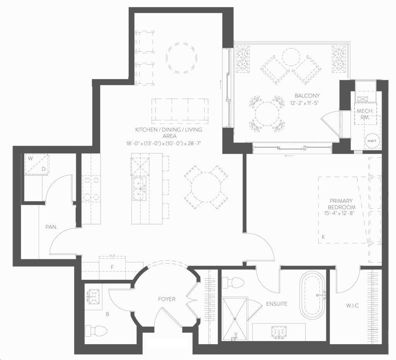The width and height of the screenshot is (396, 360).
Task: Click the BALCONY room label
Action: [x=307, y=96]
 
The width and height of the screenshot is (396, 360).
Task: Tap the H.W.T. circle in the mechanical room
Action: [x=372, y=141]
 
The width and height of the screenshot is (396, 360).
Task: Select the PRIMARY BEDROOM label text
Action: [x=341, y=204]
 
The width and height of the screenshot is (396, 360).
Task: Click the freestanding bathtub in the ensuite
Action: [x=312, y=295]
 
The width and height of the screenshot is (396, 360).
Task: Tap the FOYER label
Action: [x=166, y=299]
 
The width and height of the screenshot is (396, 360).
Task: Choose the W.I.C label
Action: [x=352, y=306]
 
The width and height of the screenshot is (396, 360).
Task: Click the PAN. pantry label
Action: [x=51, y=227]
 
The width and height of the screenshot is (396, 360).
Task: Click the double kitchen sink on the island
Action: [x=139, y=189]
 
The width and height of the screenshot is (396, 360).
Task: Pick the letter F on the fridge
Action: [x=112, y=267]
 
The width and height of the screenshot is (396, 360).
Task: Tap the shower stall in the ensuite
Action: [x=235, y=319]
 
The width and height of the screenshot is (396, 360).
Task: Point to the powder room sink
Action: [x=94, y=296]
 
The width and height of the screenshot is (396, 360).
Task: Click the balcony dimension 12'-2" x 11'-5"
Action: [x=305, y=103]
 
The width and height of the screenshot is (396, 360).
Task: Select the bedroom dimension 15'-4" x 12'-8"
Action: [x=340, y=213]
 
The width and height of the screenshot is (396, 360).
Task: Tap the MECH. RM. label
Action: [x=365, y=114]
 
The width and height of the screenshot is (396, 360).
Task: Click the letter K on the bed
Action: [x=323, y=237]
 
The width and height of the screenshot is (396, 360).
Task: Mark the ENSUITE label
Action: [x=277, y=304]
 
